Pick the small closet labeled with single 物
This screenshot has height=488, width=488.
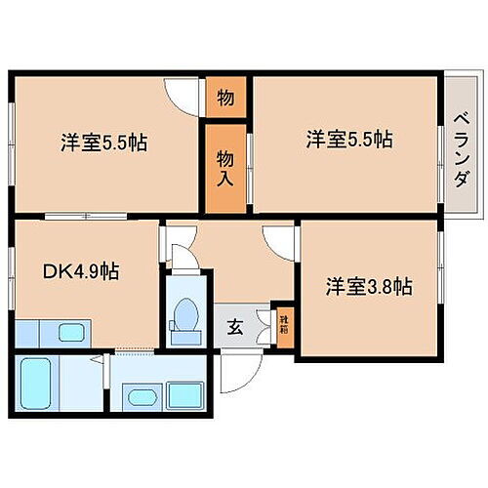click(x=224, y=98)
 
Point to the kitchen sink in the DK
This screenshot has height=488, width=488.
click(x=71, y=332)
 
